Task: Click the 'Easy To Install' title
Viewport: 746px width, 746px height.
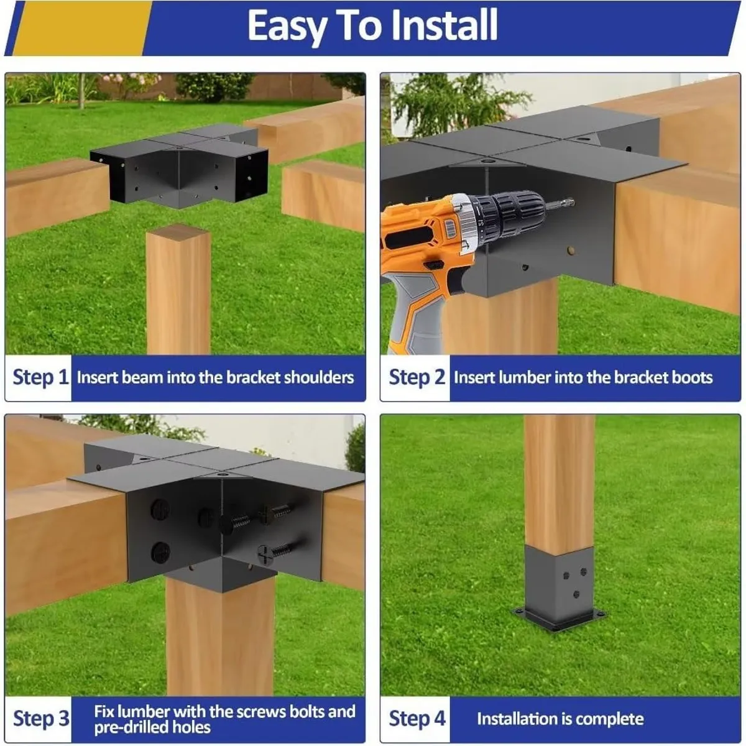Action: (x=372, y=26)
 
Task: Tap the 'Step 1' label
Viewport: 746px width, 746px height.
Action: (x=40, y=377)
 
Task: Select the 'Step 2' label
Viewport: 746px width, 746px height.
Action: (x=417, y=377)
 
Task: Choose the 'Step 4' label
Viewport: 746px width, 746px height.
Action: (x=417, y=719)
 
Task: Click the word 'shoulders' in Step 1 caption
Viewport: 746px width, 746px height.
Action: (x=318, y=377)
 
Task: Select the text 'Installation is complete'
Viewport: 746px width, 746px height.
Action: (x=559, y=719)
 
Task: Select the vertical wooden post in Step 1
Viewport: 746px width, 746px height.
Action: (x=178, y=292)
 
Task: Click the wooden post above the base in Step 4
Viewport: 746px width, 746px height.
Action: (x=559, y=479)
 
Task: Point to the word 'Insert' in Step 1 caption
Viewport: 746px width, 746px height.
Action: (x=98, y=377)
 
